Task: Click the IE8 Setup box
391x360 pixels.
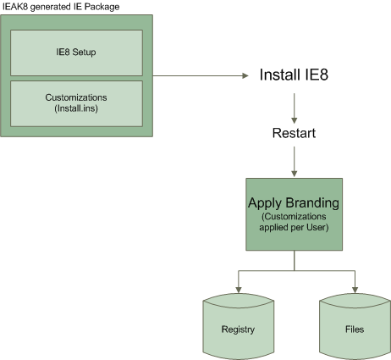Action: (x=76, y=53)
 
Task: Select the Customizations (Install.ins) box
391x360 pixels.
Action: (x=76, y=103)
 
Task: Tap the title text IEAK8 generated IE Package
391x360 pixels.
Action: (x=61, y=7)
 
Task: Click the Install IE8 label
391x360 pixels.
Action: (x=294, y=75)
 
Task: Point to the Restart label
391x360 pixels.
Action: (x=294, y=133)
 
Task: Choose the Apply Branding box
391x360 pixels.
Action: (x=295, y=214)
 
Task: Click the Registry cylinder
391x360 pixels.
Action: (x=239, y=326)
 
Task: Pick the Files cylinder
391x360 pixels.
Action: (x=355, y=326)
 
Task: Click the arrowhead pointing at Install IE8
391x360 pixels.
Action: (x=245, y=75)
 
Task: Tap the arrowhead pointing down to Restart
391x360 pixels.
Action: (x=295, y=120)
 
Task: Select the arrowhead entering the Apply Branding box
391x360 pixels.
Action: (x=295, y=174)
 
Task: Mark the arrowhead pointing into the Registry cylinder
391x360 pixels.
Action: (x=239, y=290)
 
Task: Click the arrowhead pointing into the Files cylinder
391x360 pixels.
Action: (x=355, y=290)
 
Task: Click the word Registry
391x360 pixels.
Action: (x=238, y=330)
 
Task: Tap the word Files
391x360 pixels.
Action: (x=355, y=330)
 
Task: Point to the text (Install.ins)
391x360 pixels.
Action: (x=76, y=108)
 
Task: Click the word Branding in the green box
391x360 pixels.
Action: (x=312, y=203)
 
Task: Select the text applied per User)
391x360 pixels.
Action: (x=294, y=227)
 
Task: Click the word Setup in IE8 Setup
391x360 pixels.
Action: (x=84, y=53)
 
